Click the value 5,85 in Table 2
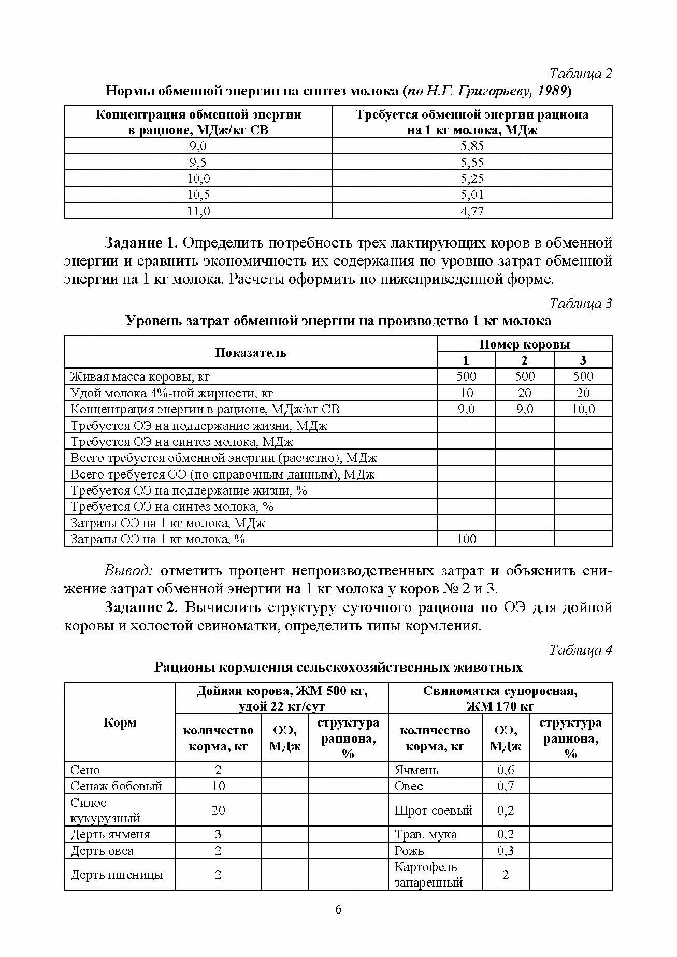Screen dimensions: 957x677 472,146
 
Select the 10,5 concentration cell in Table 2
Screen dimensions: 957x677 198,195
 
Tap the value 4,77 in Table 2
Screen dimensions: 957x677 472,211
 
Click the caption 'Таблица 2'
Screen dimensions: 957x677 581,74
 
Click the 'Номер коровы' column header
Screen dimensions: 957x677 525,344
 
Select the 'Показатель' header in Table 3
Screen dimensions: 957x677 251,353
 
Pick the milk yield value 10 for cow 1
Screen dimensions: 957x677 466,393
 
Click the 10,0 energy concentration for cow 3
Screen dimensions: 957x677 583,409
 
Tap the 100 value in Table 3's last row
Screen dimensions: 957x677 466,539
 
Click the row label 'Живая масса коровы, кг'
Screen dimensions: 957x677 140,376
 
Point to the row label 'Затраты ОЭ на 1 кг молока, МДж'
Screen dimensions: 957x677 167,523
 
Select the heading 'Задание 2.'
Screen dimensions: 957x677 142,607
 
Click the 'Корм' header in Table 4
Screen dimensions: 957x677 120,722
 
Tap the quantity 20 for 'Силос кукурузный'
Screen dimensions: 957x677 218,810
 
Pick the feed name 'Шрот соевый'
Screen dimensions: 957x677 434,810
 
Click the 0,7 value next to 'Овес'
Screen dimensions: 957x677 506,786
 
